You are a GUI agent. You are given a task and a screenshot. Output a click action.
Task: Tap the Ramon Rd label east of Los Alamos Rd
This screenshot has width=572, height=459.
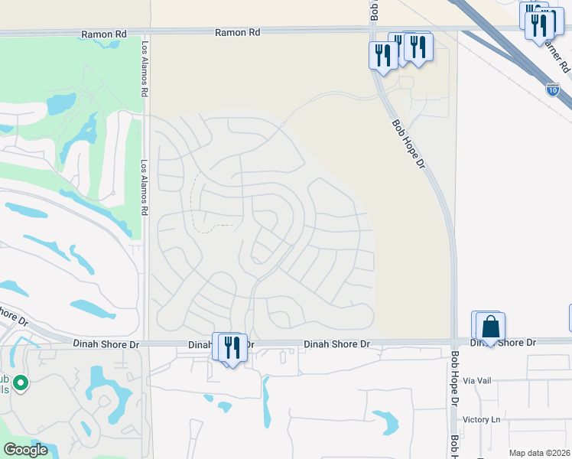[x=237, y=33]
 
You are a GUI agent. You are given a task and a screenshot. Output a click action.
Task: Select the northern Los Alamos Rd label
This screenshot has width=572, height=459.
[x=144, y=69]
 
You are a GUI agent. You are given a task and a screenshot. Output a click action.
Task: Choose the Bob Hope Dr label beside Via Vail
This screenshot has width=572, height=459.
[x=454, y=379]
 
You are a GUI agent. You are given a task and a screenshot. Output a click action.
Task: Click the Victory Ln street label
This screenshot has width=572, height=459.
[x=481, y=419]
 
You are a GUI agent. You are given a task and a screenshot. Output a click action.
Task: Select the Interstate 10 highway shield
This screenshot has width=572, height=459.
[x=552, y=90]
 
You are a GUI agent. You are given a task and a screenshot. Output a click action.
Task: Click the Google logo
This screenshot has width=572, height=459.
[x=25, y=450]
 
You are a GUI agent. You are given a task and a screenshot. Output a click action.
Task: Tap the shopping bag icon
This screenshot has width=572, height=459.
[x=490, y=327]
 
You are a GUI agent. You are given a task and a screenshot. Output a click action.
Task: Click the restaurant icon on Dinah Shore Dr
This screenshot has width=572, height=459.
[x=232, y=347]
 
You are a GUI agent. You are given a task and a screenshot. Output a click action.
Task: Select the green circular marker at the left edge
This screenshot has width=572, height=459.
[x=21, y=382]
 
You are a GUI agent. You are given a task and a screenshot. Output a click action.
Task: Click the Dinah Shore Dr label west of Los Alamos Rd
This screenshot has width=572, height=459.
[x=107, y=345]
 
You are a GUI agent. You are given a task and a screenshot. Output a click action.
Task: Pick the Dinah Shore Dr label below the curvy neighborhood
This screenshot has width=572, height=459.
[x=337, y=345]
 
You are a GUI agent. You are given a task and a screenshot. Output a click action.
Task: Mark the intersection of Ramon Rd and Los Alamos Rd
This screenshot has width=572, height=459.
[x=145, y=33]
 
